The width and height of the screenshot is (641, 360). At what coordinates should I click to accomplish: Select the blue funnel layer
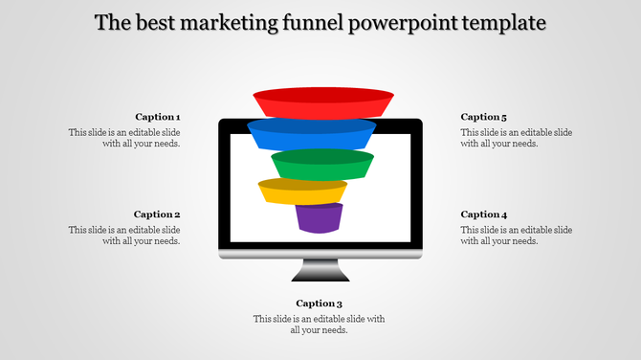[x=312, y=133]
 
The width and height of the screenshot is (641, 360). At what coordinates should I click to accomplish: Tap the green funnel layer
[x=321, y=164]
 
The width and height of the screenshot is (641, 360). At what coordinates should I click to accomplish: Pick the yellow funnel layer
[x=301, y=191]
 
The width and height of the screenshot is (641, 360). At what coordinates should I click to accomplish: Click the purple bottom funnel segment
[x=319, y=218]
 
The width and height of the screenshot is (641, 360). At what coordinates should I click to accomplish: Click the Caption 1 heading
[x=157, y=117]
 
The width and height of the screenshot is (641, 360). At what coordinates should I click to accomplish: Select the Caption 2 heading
[x=157, y=214]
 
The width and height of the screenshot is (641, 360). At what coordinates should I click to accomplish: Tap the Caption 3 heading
[x=319, y=304]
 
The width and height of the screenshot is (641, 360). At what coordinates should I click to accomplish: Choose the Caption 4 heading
[x=484, y=214]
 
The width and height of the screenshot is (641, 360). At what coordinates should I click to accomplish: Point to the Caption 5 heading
[x=484, y=117]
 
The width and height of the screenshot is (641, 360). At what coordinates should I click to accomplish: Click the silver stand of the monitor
[x=320, y=254]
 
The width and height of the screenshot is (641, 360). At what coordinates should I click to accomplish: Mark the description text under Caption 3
[x=319, y=325]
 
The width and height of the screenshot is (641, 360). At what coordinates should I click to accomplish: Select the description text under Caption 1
[x=124, y=138]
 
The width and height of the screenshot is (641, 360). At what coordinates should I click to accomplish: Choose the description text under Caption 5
[x=517, y=138]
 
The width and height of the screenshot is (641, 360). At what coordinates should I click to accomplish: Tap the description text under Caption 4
[x=517, y=236]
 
